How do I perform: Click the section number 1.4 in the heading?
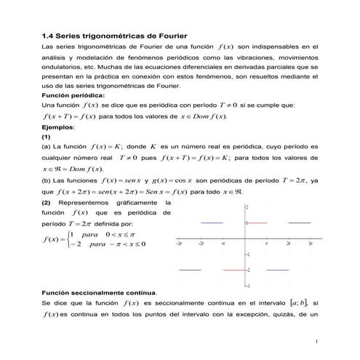point(49,35)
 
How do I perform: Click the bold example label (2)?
point(47,202)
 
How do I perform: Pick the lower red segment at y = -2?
point(234,270)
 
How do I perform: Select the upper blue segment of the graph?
point(212,223)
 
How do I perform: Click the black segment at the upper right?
point(300,223)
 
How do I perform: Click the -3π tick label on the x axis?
point(179,244)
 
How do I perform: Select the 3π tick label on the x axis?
point(311,244)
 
